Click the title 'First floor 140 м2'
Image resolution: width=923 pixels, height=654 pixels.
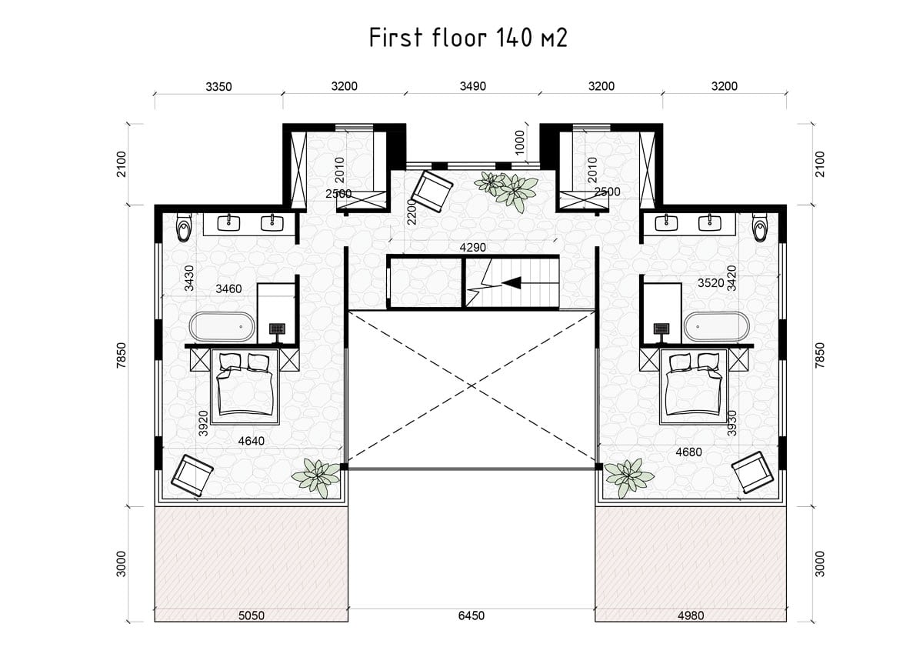(x=468, y=38)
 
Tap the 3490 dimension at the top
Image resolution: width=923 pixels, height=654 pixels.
(x=472, y=86)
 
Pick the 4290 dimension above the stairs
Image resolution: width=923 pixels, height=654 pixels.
(x=472, y=248)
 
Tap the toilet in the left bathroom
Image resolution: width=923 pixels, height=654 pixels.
(x=183, y=226)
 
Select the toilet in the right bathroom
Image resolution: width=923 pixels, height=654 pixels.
(x=760, y=226)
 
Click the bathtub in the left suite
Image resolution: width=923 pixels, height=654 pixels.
(x=222, y=327)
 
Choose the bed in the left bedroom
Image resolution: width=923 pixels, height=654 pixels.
(x=245, y=386)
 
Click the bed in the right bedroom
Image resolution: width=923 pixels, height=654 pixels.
(x=694, y=386)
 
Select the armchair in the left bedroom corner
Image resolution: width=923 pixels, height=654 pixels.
(x=192, y=475)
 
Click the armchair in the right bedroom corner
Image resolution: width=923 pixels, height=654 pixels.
(x=752, y=472)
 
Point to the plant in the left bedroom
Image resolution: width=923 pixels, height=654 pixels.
(x=316, y=477)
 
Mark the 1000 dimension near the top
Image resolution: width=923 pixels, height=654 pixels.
(x=520, y=142)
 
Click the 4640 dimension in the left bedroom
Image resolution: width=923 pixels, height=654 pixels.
(x=252, y=441)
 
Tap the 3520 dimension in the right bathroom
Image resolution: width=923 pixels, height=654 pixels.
(x=711, y=283)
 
